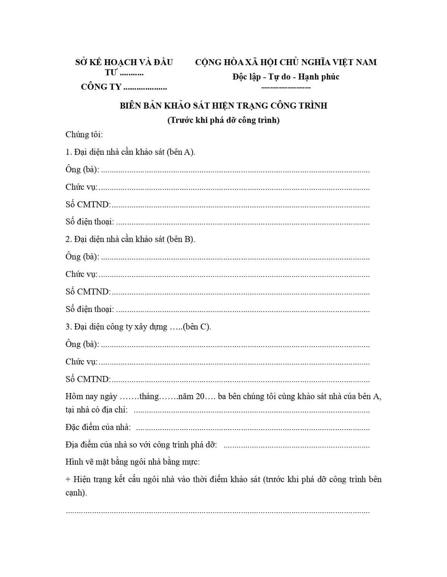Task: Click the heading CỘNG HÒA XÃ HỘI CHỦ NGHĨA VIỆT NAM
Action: coord(286,62)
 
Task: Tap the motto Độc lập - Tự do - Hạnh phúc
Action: coord(286,77)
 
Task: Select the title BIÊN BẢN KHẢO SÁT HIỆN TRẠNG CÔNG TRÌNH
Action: coord(223,106)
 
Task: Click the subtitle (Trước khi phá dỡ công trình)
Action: coord(223,120)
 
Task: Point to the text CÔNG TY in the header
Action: coord(101,87)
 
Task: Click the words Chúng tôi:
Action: coord(84,134)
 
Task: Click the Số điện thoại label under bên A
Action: coord(89,221)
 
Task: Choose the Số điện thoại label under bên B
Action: coord(89,309)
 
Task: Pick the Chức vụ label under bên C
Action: coord(81,361)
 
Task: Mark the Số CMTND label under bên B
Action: coord(88,291)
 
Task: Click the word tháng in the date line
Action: coord(149,396)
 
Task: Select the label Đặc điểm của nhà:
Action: coord(98,427)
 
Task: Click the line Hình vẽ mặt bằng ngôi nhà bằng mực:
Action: coord(133,462)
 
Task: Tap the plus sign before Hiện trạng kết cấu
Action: coord(68,479)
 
